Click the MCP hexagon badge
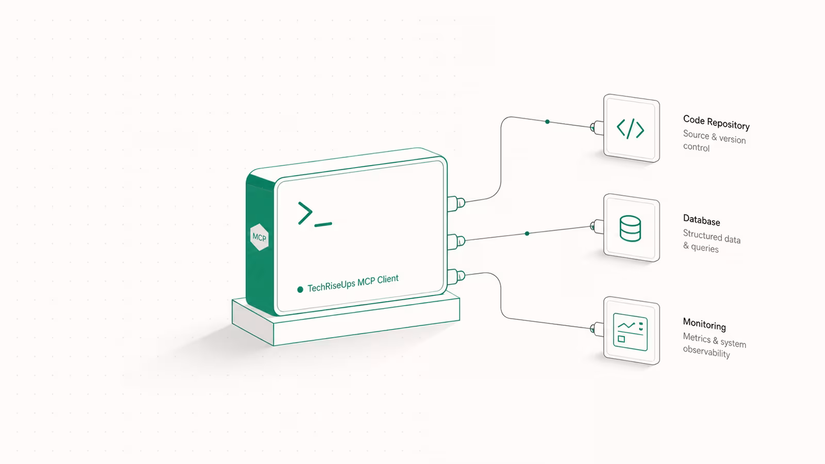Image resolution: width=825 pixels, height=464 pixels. [259, 237]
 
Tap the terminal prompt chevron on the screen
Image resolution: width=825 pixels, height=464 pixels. [305, 213]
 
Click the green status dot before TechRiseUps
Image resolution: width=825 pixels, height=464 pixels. [300, 289]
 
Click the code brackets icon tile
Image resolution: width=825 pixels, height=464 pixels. [631, 128]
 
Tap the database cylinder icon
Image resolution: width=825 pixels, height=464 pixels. [630, 228]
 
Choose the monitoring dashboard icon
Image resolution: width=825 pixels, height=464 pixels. [630, 332]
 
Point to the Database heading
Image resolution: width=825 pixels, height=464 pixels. [701, 220]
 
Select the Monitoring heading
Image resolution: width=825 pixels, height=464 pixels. [704, 324]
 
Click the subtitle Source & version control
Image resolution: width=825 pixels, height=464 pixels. [714, 141]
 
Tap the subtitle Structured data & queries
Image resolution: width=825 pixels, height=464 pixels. [712, 241]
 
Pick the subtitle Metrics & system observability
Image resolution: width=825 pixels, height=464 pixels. [715, 345]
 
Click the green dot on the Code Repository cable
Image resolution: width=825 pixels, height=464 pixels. [547, 122]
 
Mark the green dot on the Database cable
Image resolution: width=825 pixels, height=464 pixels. [527, 234]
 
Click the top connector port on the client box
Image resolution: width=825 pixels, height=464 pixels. [456, 203]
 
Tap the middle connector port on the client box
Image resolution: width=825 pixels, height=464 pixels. [456, 242]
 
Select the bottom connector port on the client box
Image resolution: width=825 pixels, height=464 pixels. [456, 276]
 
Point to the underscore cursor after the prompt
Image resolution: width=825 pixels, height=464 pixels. [323, 224]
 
